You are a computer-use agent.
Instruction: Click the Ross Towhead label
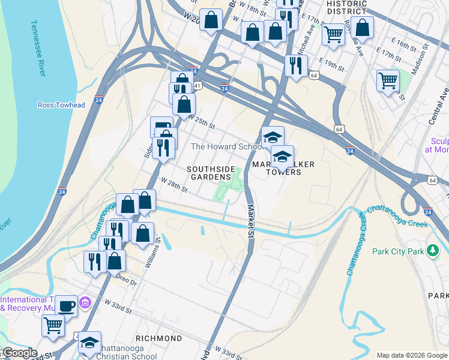tap(61, 105)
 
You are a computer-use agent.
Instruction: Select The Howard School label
tap(226, 147)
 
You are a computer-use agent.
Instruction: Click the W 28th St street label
tap(174, 185)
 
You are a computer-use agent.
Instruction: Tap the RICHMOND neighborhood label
tap(159, 338)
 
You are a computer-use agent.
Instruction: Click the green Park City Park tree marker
tap(432, 251)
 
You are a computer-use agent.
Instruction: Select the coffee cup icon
tap(66, 305)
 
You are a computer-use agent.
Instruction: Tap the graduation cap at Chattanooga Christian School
tap(89, 342)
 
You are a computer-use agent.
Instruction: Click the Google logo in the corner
tap(19, 353)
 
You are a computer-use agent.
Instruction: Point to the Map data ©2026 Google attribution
tap(412, 355)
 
